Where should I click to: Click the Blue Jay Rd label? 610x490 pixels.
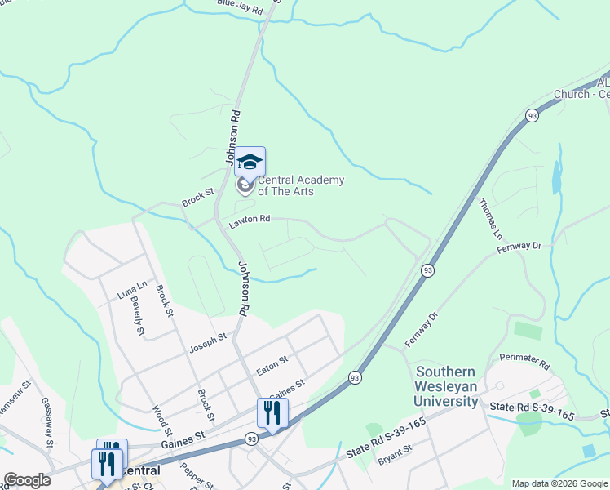point(240,7)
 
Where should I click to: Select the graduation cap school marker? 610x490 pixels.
point(250,161)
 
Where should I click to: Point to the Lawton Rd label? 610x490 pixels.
point(249,220)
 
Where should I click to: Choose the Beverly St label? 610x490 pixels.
point(136,315)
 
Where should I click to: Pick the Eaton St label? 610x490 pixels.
point(272,360)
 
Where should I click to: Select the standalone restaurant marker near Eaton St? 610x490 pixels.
point(272,412)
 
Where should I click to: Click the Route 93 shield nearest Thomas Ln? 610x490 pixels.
point(531,115)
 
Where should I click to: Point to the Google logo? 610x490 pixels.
point(27,480)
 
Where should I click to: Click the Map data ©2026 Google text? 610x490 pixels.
point(559,483)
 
